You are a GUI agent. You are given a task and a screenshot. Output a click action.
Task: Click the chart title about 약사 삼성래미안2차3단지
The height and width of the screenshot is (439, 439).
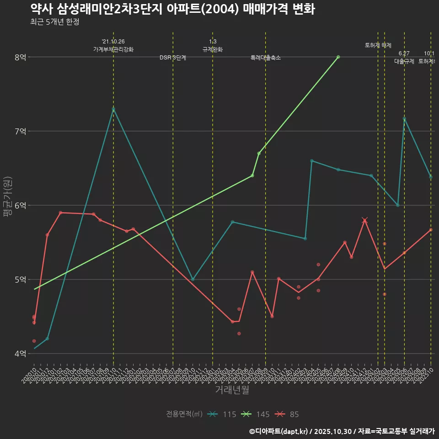click(172, 10)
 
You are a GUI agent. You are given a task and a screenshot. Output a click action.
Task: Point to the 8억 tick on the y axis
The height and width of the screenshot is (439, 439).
click(20, 57)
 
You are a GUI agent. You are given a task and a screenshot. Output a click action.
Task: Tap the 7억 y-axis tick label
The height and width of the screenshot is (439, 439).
click(20, 131)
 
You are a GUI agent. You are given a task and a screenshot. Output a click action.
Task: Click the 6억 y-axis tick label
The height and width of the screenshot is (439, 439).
click(20, 205)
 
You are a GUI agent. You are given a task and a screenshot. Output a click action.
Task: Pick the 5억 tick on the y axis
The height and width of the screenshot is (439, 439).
click(20, 279)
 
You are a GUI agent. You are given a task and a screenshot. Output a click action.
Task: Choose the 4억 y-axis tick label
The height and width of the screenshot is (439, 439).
click(20, 353)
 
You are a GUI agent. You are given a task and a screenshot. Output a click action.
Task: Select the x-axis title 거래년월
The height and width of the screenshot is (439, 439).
click(232, 390)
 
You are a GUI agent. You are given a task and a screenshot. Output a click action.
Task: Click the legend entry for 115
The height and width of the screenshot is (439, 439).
click(222, 414)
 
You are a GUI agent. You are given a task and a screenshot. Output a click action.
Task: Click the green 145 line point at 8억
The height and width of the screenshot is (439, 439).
click(338, 57)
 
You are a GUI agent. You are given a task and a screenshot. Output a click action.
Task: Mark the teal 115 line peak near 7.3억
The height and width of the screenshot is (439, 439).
click(113, 109)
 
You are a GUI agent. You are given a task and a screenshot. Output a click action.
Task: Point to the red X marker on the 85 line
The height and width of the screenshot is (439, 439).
click(364, 220)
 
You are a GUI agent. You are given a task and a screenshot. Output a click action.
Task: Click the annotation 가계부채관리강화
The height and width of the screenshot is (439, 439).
click(113, 49)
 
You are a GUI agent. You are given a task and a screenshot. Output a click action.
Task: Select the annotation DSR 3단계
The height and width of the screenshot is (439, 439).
click(173, 58)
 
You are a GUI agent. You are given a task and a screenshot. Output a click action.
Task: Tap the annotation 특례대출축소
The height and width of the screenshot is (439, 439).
click(266, 58)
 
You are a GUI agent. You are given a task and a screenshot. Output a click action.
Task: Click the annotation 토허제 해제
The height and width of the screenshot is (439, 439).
click(378, 45)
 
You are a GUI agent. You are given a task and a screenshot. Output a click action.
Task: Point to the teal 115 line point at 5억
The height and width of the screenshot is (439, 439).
click(193, 279)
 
